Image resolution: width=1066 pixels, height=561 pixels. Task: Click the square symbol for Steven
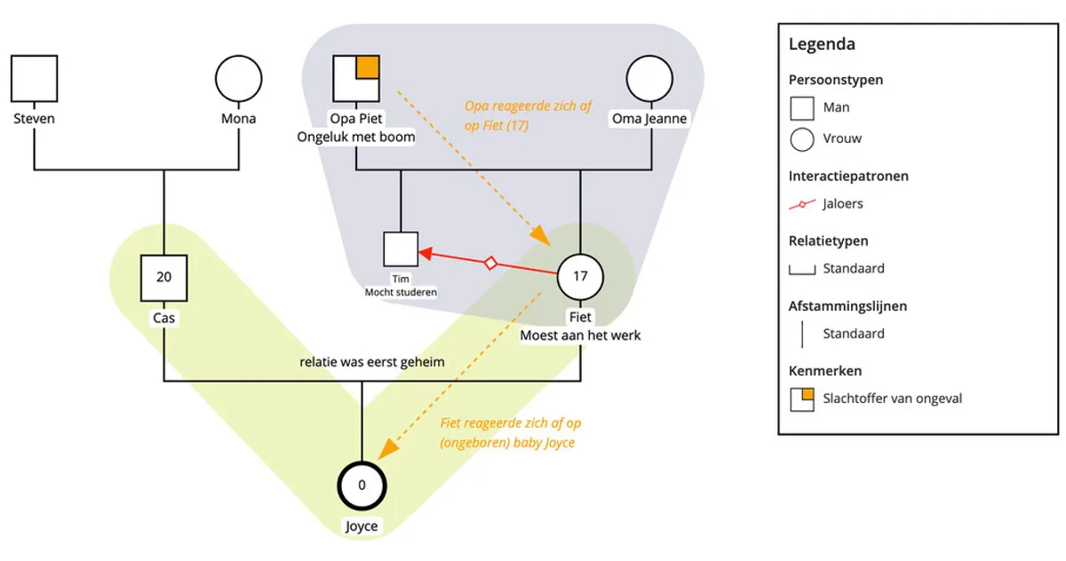(x=35, y=78)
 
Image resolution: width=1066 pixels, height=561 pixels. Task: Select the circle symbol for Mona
(x=238, y=78)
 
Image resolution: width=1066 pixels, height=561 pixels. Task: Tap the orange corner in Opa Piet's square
(x=369, y=67)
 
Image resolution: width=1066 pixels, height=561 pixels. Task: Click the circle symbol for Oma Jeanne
(x=649, y=78)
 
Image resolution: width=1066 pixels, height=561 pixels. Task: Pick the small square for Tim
(x=401, y=249)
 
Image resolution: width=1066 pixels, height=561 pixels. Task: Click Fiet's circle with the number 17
(x=580, y=276)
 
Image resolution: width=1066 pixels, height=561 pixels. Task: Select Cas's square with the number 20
(x=164, y=276)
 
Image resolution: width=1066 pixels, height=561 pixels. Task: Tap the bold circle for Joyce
(x=362, y=486)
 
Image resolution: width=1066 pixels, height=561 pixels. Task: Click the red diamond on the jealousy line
(x=489, y=263)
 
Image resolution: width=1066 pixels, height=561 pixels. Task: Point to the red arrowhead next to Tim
(x=425, y=254)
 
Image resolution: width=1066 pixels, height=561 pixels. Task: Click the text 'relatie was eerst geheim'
(x=371, y=361)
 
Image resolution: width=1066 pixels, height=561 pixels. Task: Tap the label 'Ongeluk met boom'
(x=355, y=137)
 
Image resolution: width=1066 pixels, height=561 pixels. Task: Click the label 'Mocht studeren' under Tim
(x=401, y=291)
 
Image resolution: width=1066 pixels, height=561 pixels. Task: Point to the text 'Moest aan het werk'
(x=580, y=335)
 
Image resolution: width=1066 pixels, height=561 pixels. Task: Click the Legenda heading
(x=822, y=44)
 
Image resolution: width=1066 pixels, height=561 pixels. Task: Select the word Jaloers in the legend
(x=842, y=203)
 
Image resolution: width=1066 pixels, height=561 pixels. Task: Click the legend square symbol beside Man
(x=802, y=107)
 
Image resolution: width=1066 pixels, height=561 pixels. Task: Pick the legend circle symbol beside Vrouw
(x=802, y=138)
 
